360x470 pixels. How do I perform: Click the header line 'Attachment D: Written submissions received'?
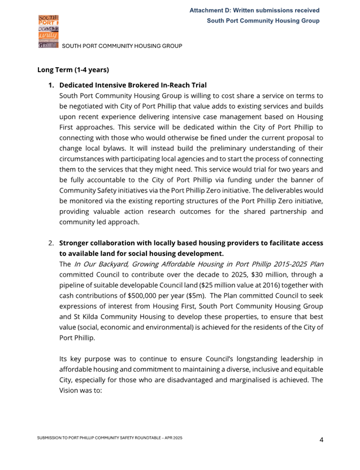pyautogui.click(x=254, y=11)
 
